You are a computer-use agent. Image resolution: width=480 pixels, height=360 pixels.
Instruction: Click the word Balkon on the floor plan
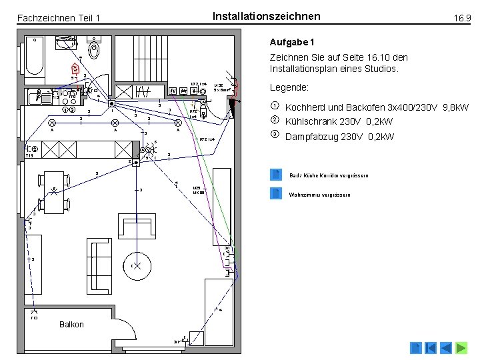71,325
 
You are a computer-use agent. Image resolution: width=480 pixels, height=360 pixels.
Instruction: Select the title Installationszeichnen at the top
266,16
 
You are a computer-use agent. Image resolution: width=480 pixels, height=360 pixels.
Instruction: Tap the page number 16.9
462,18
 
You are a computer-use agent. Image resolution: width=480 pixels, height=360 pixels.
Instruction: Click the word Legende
289,87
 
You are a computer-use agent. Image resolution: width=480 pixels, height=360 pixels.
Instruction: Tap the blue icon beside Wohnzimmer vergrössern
276,194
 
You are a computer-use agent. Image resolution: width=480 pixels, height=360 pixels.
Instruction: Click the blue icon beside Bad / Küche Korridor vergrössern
276,175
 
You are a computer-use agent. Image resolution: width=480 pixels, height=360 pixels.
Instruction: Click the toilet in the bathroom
95,50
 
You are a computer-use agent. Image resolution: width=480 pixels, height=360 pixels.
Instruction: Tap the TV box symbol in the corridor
173,91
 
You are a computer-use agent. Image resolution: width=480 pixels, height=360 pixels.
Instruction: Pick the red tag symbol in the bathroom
76,68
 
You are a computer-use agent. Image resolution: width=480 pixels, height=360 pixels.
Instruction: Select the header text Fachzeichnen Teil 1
58,18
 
